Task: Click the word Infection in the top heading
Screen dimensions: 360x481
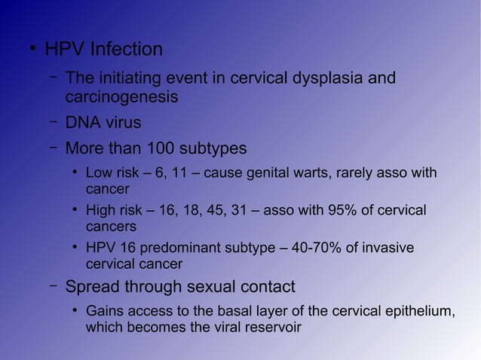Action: click(x=126, y=50)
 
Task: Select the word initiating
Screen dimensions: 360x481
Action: click(x=133, y=78)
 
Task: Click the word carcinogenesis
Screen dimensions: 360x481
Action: click(x=121, y=98)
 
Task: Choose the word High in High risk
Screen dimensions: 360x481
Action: click(x=101, y=210)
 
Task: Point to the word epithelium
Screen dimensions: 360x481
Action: click(x=419, y=312)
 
